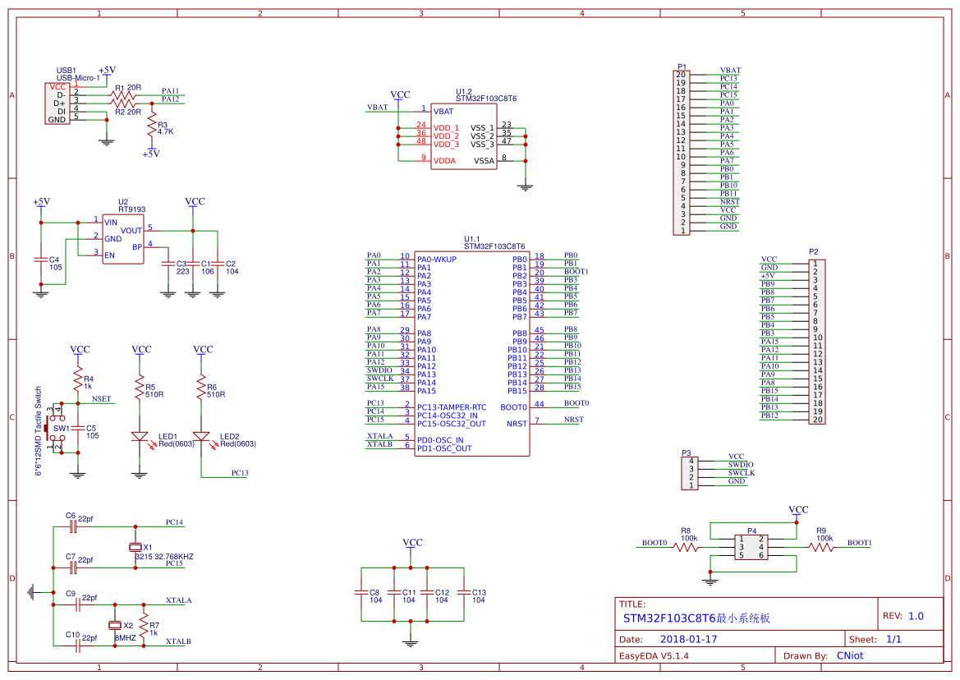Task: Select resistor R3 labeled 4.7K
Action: click(x=151, y=126)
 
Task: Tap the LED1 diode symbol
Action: click(x=140, y=436)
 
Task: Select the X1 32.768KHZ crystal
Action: click(x=136, y=547)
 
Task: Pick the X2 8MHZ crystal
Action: click(x=115, y=626)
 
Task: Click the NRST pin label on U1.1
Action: click(x=517, y=424)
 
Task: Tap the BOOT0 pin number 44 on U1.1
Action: click(x=539, y=404)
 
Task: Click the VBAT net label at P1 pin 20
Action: click(x=730, y=71)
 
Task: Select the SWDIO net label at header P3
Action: click(x=740, y=465)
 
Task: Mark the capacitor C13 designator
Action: click(x=479, y=592)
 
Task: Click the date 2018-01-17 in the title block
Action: click(x=688, y=639)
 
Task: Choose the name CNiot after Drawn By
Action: click(x=850, y=655)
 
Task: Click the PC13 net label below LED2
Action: click(x=240, y=473)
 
